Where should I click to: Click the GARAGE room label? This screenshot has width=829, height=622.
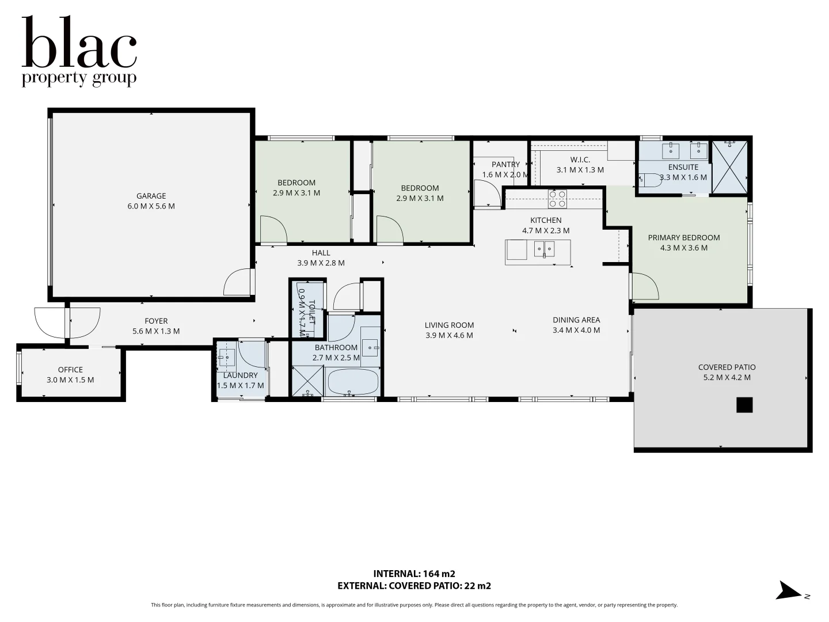(x=151, y=196)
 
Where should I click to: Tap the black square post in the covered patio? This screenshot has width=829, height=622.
(x=744, y=405)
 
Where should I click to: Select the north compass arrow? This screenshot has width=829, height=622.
(x=788, y=591)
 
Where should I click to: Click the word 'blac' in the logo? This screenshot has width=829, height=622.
(x=79, y=43)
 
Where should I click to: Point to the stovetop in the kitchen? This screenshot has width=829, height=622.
(x=557, y=199)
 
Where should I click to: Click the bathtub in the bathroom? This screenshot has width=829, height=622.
(x=352, y=382)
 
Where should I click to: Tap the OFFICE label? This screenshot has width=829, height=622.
(x=70, y=370)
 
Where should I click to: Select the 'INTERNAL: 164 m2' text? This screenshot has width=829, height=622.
(x=414, y=574)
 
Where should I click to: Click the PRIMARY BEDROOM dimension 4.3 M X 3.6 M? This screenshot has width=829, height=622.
(x=684, y=248)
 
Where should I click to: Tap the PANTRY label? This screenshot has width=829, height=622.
(x=505, y=165)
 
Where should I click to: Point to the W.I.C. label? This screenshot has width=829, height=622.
(x=580, y=160)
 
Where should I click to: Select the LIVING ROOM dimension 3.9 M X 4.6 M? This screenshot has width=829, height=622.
(x=449, y=335)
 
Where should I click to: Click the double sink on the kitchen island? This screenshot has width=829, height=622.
(x=544, y=249)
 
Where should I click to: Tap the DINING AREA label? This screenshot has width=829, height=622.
(x=576, y=320)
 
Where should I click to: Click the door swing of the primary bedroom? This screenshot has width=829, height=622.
(x=645, y=286)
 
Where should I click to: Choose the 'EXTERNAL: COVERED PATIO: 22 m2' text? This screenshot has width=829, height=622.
(x=414, y=586)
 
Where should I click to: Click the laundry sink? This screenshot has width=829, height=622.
(x=227, y=358)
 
